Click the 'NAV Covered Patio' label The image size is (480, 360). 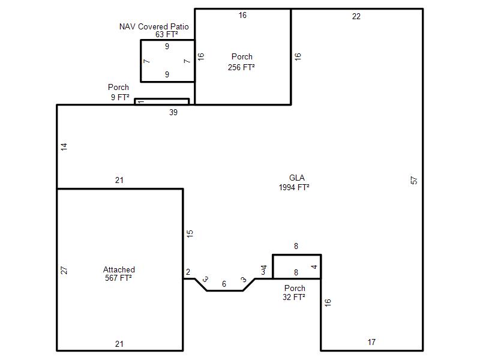coord(154,26)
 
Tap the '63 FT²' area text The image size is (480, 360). coord(167,34)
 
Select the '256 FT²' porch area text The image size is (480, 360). coord(241,67)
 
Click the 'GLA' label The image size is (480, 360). coord(296,178)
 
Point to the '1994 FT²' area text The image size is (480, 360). coord(294,187)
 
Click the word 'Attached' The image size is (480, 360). coord(119,269)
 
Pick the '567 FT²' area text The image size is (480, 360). coord(118,278)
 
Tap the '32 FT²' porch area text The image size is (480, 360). coord(294,297)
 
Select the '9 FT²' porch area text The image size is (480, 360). coord(120,97)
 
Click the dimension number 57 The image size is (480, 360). coord(413,181)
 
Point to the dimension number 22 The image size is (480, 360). coord(356,17)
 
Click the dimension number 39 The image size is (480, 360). coord(173,112)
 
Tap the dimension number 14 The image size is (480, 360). coord(64,146)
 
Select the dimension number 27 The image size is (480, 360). coord(64,271)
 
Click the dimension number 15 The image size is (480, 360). coord(190,233)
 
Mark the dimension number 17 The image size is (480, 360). coord(371,342)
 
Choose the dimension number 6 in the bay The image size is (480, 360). coord(224,284)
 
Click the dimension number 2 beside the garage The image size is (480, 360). coord(188,272)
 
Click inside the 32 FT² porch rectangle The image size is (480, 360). coord(296,266)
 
